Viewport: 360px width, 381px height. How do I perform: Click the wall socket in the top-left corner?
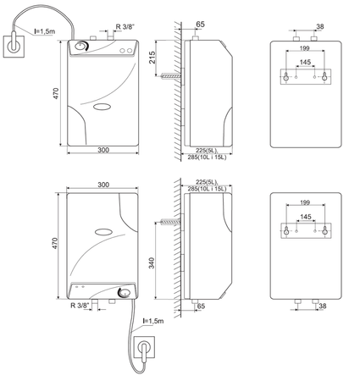(x=14, y=46)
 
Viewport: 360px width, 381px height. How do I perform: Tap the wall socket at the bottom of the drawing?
(x=144, y=347)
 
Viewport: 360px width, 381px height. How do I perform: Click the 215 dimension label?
(x=152, y=58)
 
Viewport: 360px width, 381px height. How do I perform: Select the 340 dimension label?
(x=152, y=262)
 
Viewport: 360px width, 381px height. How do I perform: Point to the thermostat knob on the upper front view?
(x=82, y=47)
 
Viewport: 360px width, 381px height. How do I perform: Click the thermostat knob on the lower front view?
(x=125, y=292)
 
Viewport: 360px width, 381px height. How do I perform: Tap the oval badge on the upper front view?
(x=102, y=107)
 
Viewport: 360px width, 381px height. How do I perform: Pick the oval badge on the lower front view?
(x=103, y=232)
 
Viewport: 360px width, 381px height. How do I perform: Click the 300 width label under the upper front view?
(x=103, y=150)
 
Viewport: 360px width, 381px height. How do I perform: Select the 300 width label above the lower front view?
(x=103, y=185)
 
